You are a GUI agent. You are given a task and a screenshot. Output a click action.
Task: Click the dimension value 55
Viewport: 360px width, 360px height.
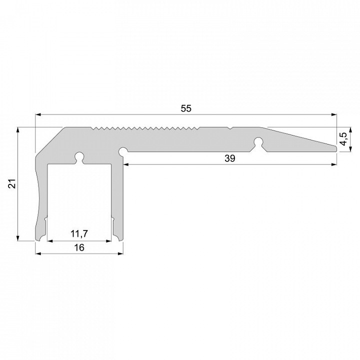pos(185,108)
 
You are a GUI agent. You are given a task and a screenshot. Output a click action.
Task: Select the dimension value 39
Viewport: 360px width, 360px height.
pos(230,158)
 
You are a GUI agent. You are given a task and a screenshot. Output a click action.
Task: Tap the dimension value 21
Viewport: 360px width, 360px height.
pos(12,183)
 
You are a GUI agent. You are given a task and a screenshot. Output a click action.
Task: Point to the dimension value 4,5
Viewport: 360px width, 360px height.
pos(343,139)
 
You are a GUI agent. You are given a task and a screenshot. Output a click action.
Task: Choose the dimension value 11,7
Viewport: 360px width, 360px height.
pos(79,233)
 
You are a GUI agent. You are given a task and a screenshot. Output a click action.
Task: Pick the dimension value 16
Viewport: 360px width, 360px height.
pos(79,247)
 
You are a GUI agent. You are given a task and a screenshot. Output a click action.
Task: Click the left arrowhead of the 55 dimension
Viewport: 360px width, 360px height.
pos(38,114)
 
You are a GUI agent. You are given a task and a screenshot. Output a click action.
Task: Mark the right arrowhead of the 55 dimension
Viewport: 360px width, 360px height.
pos(334,114)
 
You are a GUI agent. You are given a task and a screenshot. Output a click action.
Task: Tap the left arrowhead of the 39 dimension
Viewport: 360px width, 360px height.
pos(126,164)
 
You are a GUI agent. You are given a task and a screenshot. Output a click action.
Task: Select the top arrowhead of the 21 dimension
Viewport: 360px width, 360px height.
pos(18,130)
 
